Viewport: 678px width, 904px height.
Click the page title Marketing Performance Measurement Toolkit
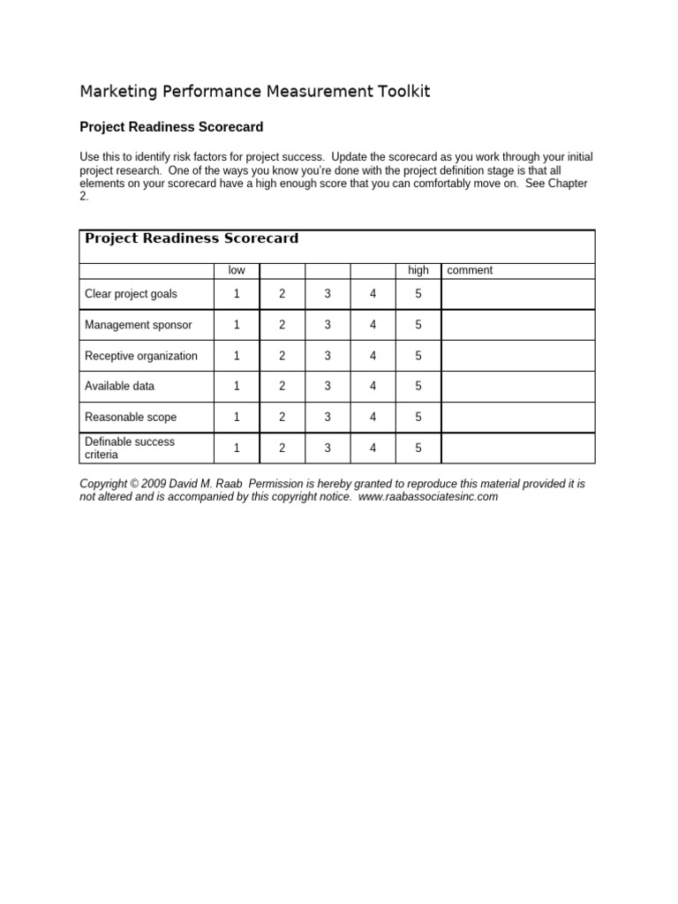(255, 92)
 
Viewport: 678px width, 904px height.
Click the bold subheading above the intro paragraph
(171, 127)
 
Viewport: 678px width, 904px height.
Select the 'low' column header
(237, 270)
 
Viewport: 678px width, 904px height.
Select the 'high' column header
(418, 270)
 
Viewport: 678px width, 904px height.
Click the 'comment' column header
(470, 270)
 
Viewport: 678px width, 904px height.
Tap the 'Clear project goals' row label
(131, 294)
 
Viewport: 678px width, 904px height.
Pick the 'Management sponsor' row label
(138, 325)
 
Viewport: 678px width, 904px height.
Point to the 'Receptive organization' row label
(141, 356)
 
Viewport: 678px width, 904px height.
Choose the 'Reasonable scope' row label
(131, 417)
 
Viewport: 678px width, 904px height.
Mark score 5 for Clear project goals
(418, 294)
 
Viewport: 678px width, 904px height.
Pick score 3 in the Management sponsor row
(328, 325)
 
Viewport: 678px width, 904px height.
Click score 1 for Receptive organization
(237, 356)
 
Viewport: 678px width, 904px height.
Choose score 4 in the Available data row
(373, 386)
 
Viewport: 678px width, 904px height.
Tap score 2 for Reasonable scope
(282, 417)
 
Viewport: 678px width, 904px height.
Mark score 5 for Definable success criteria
(418, 448)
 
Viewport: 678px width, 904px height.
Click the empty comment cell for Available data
(518, 386)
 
